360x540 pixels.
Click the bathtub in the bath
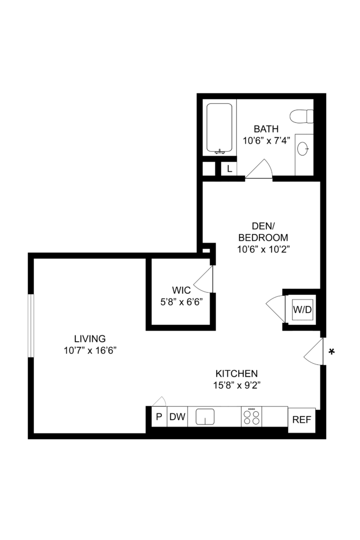point(219,128)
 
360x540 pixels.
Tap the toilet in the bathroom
point(302,116)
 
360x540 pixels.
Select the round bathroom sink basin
point(303,149)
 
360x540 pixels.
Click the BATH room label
point(266,129)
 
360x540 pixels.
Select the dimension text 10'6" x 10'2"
point(264,249)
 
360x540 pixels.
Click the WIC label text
point(181,290)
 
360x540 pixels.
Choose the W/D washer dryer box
point(303,310)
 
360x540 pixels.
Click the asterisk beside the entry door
point(332,352)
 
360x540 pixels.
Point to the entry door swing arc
point(313,351)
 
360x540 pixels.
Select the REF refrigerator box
point(301,420)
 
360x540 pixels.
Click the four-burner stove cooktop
point(251,417)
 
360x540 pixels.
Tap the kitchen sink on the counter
point(205,417)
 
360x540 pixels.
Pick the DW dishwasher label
point(178,417)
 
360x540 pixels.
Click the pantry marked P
point(159,417)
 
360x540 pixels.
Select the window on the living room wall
point(31,325)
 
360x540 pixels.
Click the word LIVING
point(90,339)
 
